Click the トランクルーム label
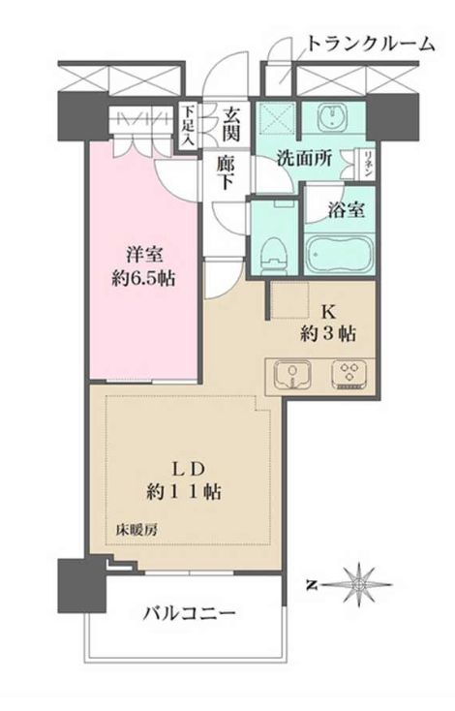pos(371,44)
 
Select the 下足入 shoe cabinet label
pos(188,126)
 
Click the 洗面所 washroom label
pos(304,158)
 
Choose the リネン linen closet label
pos(369,164)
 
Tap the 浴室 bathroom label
pos(346,209)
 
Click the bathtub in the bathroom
pos(340,252)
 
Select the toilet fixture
pos(274,256)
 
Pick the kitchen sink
pos(292,374)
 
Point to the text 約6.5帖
pos(143,278)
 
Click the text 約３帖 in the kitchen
pos(327,334)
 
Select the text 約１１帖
pos(184,491)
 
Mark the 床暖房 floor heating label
pos(136,530)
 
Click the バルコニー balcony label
pos(190,614)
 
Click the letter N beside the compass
pos(312,586)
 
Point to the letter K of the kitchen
pos(328,312)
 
